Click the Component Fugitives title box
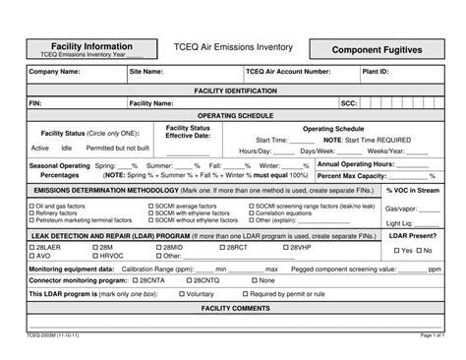pos(375,48)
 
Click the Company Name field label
pos(55,72)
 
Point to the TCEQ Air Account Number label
pos(288,72)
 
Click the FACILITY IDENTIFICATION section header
pos(234,90)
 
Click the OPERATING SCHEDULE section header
pos(234,115)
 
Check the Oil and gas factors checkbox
pos(32,206)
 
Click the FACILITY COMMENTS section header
pos(234,307)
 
